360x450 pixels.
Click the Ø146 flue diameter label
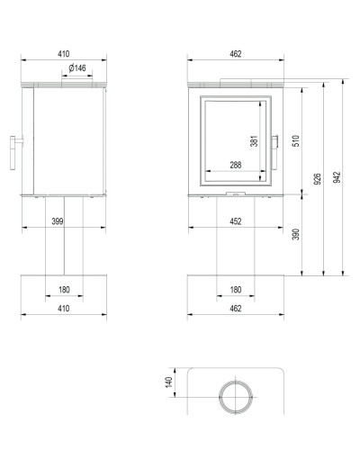pos(77,68)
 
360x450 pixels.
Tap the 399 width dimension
pos(58,221)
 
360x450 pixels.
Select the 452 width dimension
pos(236,221)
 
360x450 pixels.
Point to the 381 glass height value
pos(254,141)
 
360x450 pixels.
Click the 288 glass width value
pos(236,165)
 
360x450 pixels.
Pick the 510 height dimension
pos(296,141)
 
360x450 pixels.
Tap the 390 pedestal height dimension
pos(296,234)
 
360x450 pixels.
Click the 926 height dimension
pos(318,179)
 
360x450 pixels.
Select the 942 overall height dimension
pos(337,177)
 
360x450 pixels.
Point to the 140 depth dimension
pos(168,382)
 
